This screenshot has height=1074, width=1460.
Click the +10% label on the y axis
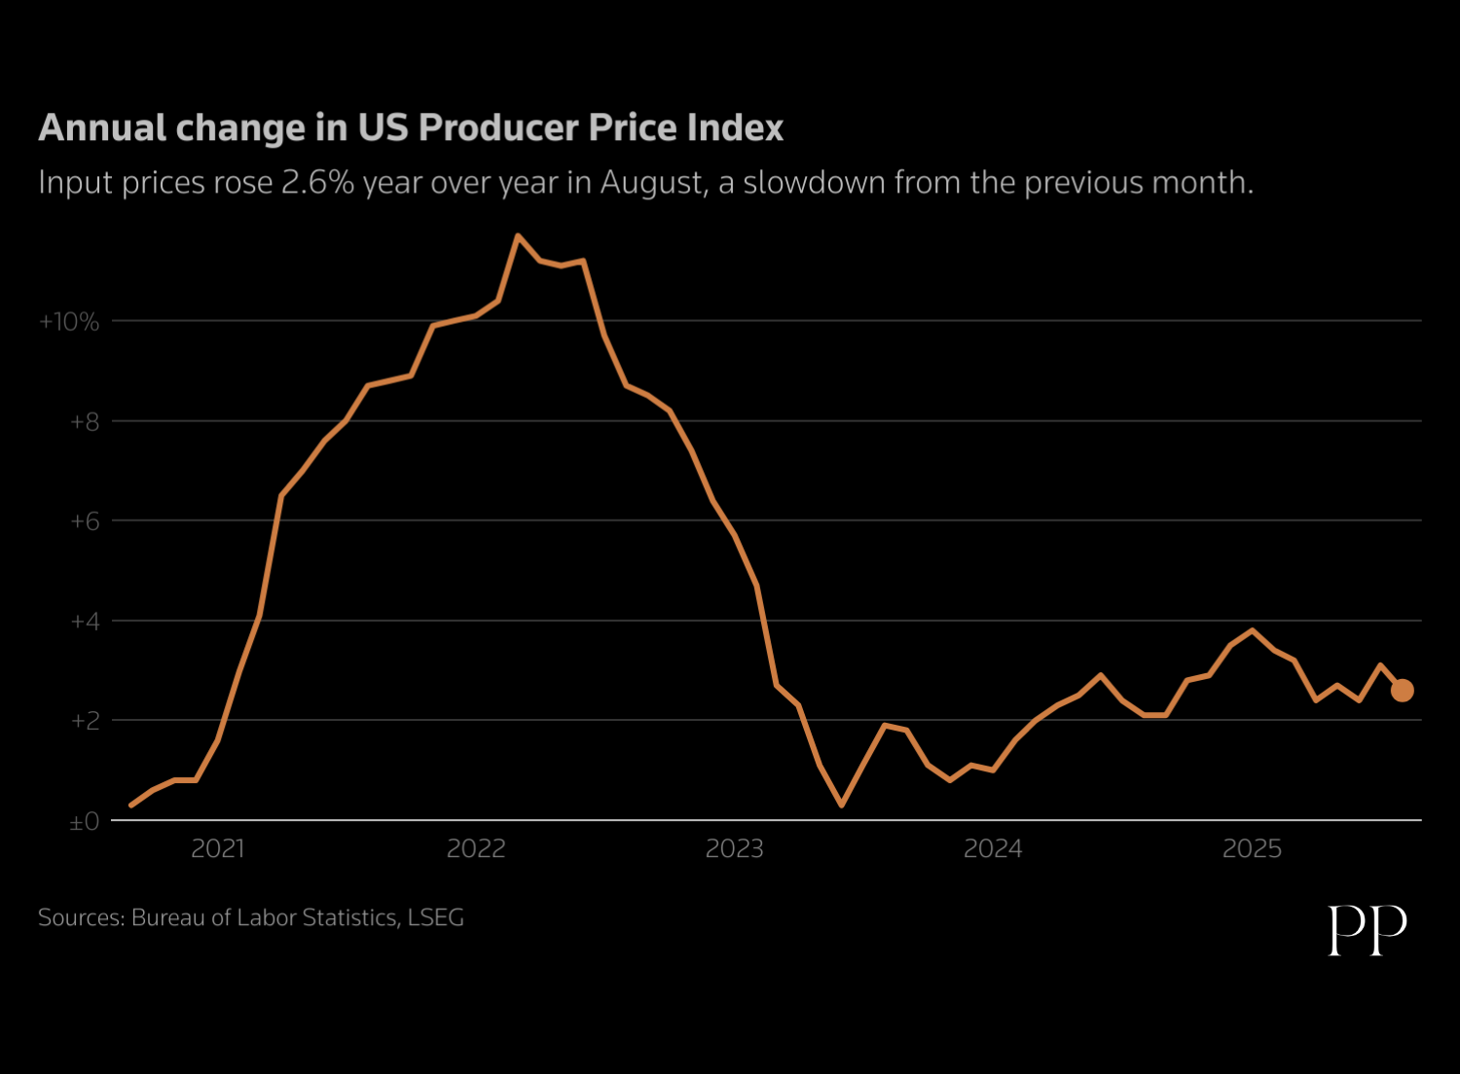[69, 322]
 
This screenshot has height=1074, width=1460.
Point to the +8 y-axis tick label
[84, 422]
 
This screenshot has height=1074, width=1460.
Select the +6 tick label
[84, 521]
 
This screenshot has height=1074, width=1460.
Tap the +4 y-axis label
[84, 622]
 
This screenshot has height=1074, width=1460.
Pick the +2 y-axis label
[84, 721]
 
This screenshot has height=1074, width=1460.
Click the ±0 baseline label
[84, 822]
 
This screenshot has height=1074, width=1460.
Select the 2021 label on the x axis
[218, 849]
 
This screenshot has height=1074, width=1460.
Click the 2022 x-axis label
[476, 849]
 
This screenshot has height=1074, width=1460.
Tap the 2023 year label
[735, 849]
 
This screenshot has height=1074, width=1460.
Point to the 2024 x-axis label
[993, 849]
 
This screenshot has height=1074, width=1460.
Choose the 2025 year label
[1252, 849]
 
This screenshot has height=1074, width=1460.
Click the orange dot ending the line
[1402, 691]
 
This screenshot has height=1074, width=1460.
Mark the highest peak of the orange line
[518, 235]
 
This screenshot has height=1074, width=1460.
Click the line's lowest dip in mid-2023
[841, 805]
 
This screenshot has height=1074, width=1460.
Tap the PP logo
[1368, 930]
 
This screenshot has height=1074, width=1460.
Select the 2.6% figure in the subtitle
[317, 183]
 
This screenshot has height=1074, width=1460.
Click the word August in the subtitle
[652, 183]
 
